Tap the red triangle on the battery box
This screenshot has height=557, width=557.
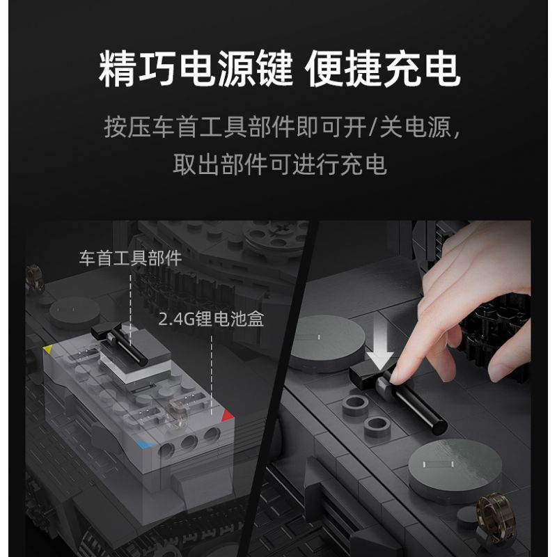point(228,416)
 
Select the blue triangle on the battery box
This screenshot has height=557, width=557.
point(143,442)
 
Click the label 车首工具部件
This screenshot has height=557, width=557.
point(130,260)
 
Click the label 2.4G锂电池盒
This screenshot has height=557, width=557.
point(210,319)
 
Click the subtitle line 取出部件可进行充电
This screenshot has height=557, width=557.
point(279,166)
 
